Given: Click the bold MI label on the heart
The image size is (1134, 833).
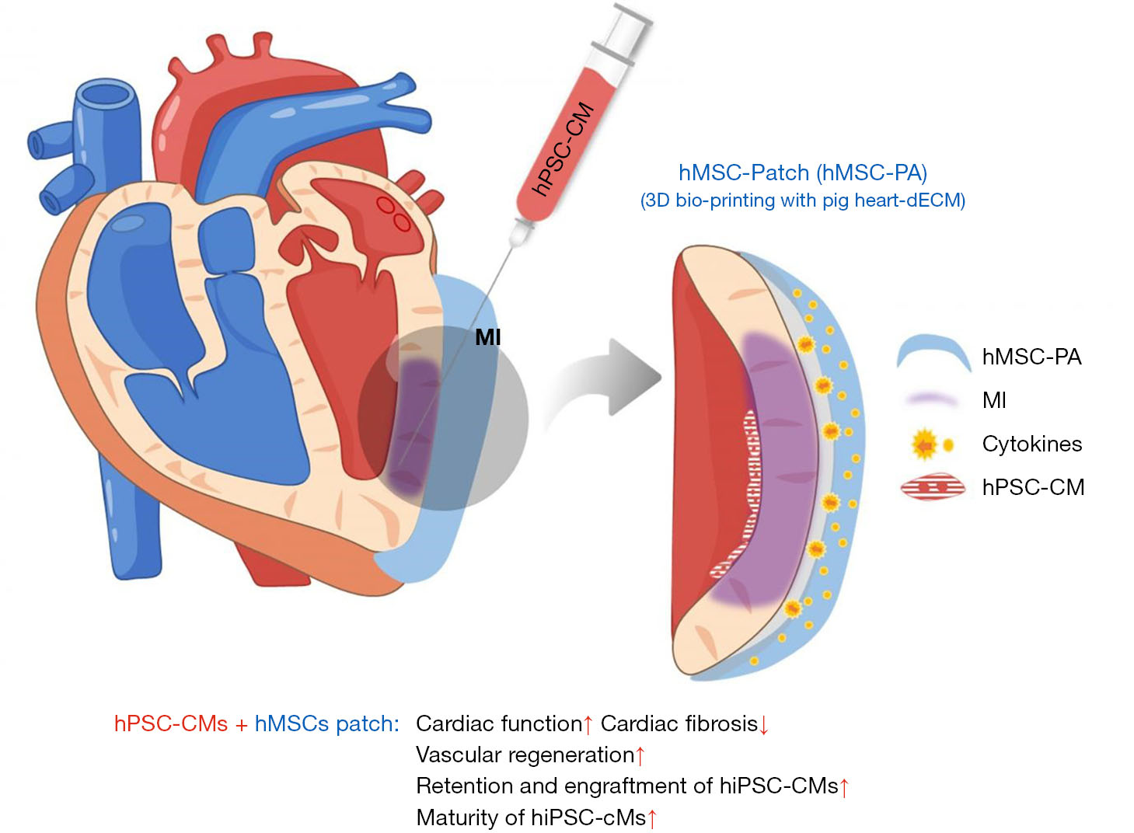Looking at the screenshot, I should pyautogui.click(x=487, y=337).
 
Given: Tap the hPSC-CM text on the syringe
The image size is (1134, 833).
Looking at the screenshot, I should pyautogui.click(x=564, y=149).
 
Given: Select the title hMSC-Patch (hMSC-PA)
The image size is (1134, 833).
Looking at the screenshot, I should pyautogui.click(x=802, y=173).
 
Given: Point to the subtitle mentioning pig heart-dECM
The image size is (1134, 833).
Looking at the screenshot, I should pyautogui.click(x=802, y=200).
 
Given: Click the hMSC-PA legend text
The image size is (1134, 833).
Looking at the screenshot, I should pyautogui.click(x=1031, y=357).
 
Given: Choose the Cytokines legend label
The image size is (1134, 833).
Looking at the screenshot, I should pyautogui.click(x=1031, y=444).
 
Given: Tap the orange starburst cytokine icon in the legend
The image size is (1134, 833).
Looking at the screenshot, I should pyautogui.click(x=925, y=444).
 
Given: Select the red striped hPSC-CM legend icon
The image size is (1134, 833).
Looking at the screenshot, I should pyautogui.click(x=933, y=487).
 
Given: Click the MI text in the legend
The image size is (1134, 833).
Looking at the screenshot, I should pyautogui.click(x=994, y=400).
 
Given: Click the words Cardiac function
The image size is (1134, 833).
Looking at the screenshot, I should pyautogui.click(x=498, y=723).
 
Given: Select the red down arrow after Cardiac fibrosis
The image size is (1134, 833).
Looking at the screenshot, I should pyautogui.click(x=764, y=725).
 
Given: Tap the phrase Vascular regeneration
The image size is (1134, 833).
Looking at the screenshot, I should pyautogui.click(x=525, y=755).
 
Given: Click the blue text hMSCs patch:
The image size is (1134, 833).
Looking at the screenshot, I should pyautogui.click(x=326, y=723).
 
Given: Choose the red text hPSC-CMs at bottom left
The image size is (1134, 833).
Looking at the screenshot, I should pyautogui.click(x=170, y=723).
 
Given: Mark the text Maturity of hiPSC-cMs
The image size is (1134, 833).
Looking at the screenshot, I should pyautogui.click(x=531, y=817).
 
